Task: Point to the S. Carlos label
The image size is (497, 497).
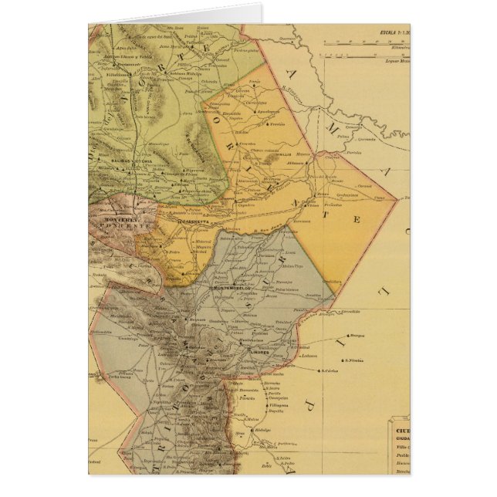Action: pos(331,369)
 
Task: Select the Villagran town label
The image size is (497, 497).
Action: pos(279,404)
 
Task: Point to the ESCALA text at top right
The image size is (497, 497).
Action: pos(390,33)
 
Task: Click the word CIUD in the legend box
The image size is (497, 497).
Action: pos(401,431)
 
